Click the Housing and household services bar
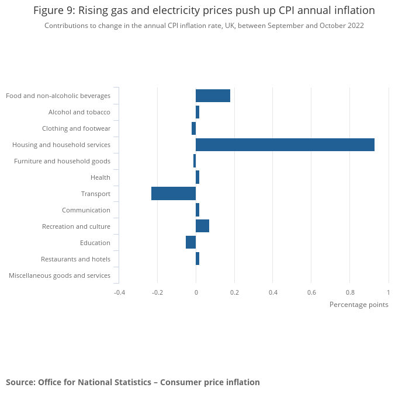pos(285,145)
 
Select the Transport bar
pos(174,194)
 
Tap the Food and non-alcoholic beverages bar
pos(213,96)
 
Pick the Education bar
pos(190,243)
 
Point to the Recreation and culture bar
pos(202,226)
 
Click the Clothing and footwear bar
pos(193,128)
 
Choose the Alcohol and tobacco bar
pos(197,112)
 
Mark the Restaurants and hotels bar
pos(197,259)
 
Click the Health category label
pos(100,177)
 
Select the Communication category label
pos(86,210)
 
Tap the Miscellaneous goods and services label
pos(60,275)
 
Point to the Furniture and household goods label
pos(62,161)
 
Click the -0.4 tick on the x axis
pos(119,292)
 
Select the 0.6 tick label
pos(311,292)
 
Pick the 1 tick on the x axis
pos(388,292)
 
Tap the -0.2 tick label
pos(157,292)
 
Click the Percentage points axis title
pos(359,305)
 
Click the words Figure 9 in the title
pos(54,11)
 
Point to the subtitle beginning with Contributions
pos(204,26)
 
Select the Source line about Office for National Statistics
pos(133,382)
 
